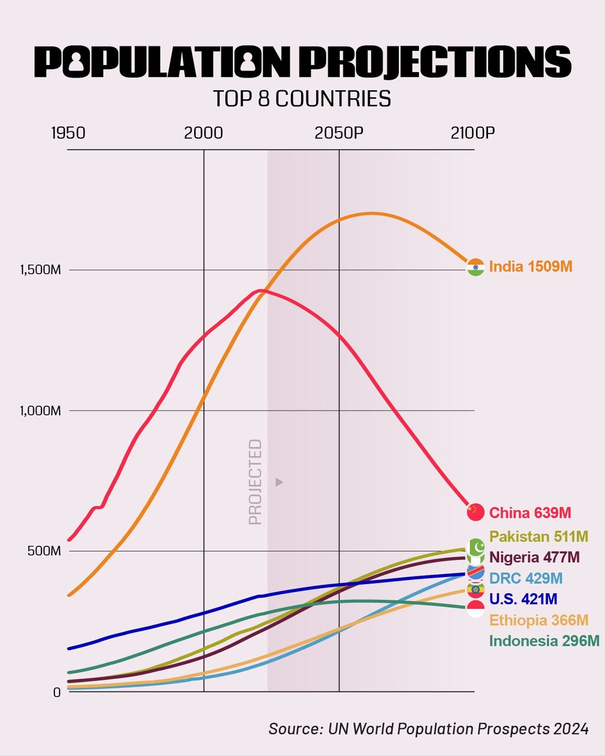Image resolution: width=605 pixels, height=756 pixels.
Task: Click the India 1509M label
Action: (531, 266)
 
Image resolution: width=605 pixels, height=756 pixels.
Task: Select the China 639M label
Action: (530, 513)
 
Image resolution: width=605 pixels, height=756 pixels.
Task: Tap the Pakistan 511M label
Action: (538, 537)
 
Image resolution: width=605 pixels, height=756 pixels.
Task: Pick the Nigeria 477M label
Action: (534, 557)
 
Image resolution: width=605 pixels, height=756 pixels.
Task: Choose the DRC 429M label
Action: (526, 578)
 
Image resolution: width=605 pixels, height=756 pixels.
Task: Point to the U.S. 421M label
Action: (523, 599)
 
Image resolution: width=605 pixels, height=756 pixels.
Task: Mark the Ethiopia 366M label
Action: (539, 620)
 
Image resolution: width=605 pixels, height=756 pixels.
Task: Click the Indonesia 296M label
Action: (544, 641)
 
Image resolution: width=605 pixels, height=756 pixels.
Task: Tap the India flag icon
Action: (475, 267)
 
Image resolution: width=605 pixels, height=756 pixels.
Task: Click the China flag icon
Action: (475, 512)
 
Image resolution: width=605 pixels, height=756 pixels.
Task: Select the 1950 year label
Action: (68, 133)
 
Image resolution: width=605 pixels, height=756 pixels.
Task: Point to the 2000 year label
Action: (203, 133)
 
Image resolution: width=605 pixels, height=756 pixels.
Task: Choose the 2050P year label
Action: (339, 133)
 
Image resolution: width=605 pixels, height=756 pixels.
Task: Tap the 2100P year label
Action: (472, 133)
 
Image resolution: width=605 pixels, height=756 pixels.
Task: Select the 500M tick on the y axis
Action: (45, 551)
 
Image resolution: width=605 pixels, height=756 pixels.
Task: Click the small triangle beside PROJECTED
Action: (279, 482)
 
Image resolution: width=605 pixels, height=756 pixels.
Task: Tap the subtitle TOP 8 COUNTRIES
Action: (302, 99)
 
